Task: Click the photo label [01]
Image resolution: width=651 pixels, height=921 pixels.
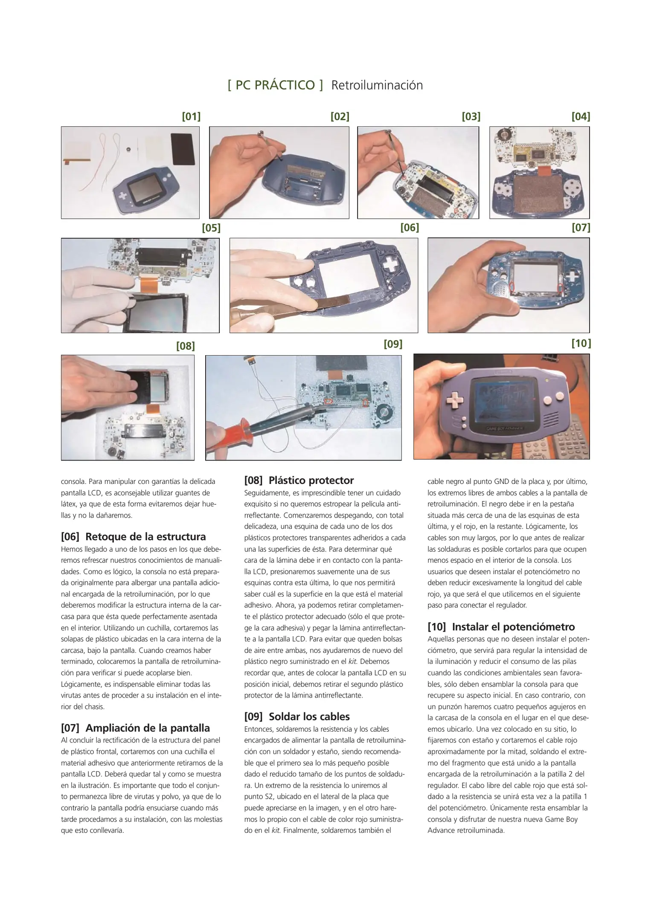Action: click(x=191, y=116)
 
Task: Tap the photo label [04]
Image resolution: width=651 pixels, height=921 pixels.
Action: click(x=581, y=116)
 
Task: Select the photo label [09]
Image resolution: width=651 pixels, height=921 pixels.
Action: click(x=393, y=344)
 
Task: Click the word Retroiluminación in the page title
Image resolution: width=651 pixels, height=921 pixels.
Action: click(x=377, y=85)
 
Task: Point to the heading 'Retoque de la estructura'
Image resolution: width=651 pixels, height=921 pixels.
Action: click(x=145, y=536)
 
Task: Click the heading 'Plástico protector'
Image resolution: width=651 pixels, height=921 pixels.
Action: click(x=311, y=481)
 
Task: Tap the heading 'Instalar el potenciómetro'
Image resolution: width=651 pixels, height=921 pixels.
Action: click(x=513, y=627)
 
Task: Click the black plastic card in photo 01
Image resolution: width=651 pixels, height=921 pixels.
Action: click(x=183, y=149)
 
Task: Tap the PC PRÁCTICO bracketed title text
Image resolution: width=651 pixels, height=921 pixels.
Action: click(x=276, y=85)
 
